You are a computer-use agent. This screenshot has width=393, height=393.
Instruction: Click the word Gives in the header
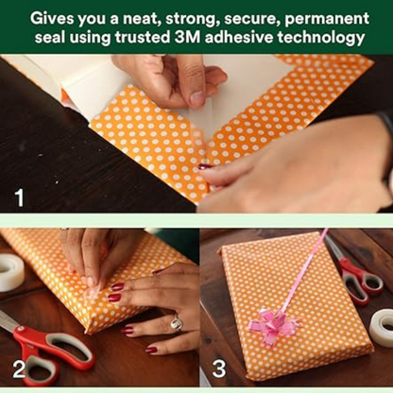pos(51,19)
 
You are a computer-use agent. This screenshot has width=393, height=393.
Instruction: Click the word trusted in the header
pos(143,38)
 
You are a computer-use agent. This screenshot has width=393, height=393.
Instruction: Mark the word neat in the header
pos(142,20)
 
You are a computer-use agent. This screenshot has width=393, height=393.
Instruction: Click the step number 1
pos(20,197)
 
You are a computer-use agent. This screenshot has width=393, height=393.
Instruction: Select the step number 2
pos(19,369)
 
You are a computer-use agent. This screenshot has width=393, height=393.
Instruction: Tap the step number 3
pos(219,368)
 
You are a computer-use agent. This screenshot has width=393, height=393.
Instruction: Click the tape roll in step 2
pos(10,273)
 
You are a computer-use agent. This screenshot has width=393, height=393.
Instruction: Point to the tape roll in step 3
pos(382,330)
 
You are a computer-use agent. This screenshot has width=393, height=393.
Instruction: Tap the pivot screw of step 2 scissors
pos(22,329)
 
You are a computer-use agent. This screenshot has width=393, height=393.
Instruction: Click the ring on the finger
pos(177,323)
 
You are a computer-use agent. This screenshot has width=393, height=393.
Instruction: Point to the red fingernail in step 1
pos(205,166)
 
